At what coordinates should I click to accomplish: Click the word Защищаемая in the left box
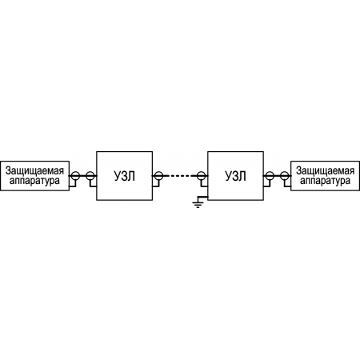coord(34,170)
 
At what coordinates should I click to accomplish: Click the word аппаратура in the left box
coord(34,181)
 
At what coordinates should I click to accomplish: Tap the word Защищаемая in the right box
coord(325,170)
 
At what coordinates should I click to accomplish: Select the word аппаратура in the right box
coord(325,181)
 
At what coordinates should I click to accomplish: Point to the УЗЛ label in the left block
coord(125,176)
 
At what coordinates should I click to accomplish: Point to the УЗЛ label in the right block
coord(235,176)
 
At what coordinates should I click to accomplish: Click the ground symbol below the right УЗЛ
coord(198,205)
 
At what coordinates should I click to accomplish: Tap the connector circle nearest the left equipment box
coord(75,176)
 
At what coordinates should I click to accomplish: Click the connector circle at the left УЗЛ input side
coord(90,176)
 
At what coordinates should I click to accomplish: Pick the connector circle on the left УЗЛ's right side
coord(158,176)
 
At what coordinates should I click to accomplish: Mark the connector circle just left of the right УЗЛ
coord(201,176)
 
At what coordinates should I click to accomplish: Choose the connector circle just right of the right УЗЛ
coord(270,176)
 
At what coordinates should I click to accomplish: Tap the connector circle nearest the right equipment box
coord(285,176)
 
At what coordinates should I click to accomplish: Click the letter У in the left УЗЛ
coord(118,176)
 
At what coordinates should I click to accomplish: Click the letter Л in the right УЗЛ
coord(242,176)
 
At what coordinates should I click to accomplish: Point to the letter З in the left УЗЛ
coord(125,176)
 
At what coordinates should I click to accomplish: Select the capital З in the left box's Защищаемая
coord(8,170)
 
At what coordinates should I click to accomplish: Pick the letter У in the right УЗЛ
coord(229,176)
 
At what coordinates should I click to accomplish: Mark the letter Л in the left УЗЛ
coord(131,176)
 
